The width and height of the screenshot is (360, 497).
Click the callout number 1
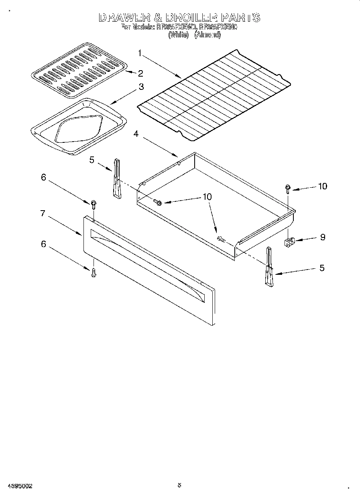point(140,53)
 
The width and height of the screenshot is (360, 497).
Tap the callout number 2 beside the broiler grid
point(140,73)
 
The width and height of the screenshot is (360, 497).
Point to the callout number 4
point(136,134)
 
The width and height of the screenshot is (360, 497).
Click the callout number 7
point(43,213)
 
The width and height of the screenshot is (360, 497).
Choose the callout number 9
point(322,237)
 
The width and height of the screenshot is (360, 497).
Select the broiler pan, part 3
point(78,126)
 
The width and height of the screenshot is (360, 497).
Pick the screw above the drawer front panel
point(94,205)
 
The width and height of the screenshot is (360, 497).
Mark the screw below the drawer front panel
point(94,273)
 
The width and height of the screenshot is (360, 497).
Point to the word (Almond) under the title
point(207,35)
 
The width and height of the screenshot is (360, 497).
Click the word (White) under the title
point(178,35)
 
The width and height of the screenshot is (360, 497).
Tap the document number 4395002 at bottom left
point(19,486)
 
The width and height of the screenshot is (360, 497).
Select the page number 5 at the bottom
point(179,485)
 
